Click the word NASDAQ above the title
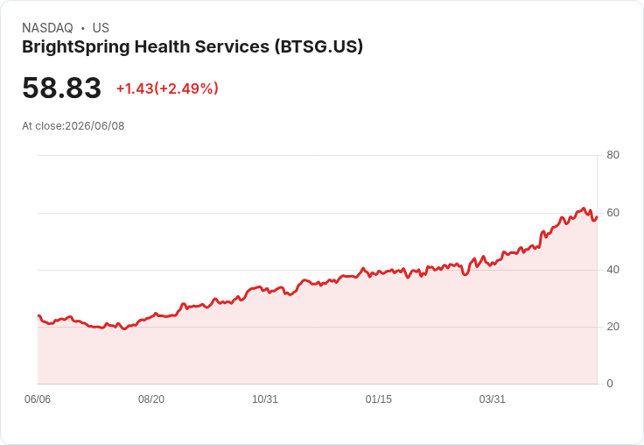pos(47,28)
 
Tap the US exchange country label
pos(101,28)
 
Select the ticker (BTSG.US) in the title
pos(318,47)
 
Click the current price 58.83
pos(61,88)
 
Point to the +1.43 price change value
pos(135,88)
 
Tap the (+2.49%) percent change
pos(186,88)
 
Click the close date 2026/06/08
pos(94,126)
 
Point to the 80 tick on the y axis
pos(612,155)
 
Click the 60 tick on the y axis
pos(612,213)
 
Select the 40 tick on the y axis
pos(612,270)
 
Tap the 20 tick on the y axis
pos(612,327)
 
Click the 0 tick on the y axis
pos(610,384)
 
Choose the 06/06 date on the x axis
pos(38,399)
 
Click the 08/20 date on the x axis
pos(151,399)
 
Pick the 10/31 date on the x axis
pos(265,399)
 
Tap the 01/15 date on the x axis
pos(379,399)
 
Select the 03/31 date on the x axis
pos(492,399)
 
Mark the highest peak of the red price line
pos(584,208)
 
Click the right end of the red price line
pos(597,217)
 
